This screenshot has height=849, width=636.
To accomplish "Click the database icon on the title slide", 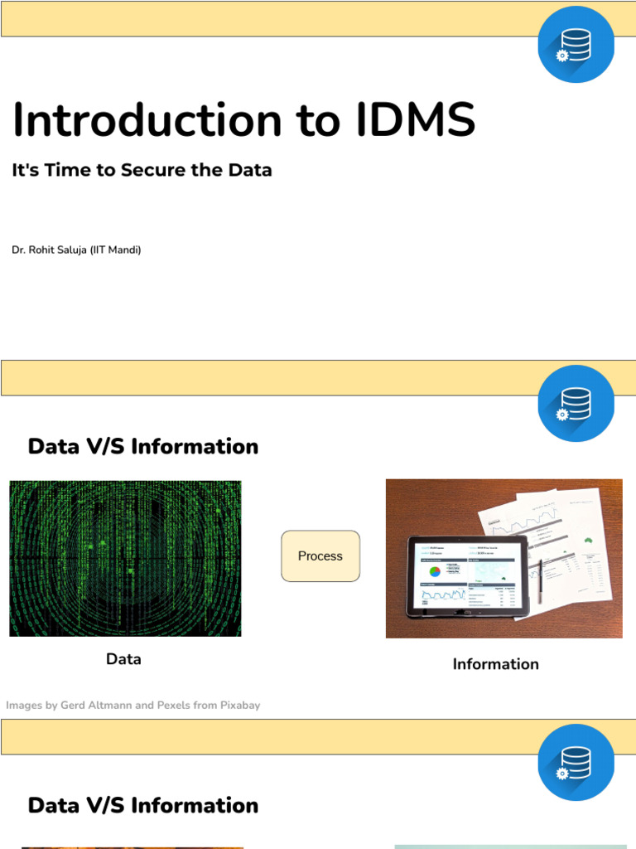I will (576, 43).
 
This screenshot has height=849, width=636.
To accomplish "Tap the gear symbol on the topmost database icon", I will (562, 56).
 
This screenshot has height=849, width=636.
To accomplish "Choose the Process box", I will (320, 555).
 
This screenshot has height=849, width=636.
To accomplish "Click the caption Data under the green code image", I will (123, 659).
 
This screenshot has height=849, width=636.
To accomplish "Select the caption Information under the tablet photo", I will (495, 664).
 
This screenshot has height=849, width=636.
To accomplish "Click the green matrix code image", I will (125, 558).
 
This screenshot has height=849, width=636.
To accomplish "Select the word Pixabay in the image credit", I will (240, 706).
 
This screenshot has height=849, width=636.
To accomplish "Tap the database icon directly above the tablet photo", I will (576, 403).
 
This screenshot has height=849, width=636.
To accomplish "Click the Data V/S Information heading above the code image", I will (143, 446).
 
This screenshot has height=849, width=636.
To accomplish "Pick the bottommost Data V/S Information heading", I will (143, 805).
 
